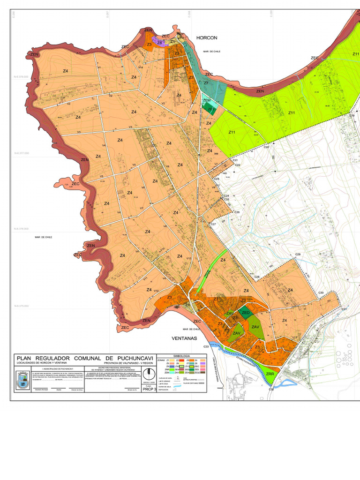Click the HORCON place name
tap(207, 37)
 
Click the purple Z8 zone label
tap(159, 43)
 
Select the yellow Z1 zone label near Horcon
tap(172, 42)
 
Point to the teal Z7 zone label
tap(206, 83)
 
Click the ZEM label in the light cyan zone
tap(206, 101)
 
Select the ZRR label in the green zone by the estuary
tap(270, 374)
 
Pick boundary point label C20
tap(266, 147)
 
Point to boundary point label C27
tap(213, 225)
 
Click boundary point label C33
tap(206, 346)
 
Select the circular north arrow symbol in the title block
tap(149, 374)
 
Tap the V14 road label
tap(140, 67)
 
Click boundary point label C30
tap(321, 293)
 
